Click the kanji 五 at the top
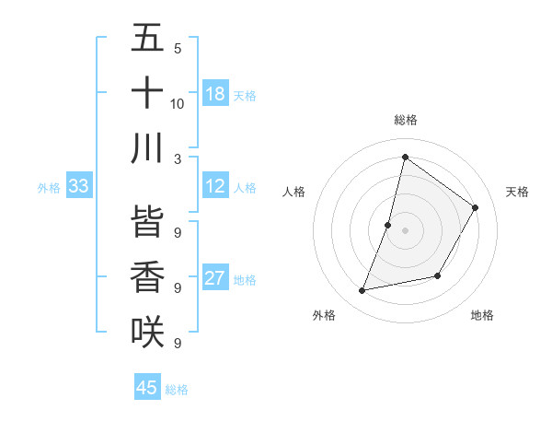click(x=147, y=39)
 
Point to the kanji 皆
click(x=147, y=221)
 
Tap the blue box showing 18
click(x=215, y=94)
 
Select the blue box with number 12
click(x=215, y=187)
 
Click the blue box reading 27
click(x=215, y=279)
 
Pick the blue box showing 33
click(x=78, y=187)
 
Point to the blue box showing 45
click(x=147, y=388)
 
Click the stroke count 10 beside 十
click(x=178, y=103)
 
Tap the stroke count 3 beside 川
click(x=178, y=158)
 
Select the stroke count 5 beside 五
click(x=178, y=49)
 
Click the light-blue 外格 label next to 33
click(x=49, y=188)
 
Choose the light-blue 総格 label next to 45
click(x=177, y=390)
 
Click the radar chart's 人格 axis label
click(x=294, y=192)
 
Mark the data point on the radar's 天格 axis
click(x=476, y=207)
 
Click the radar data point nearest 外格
click(x=362, y=291)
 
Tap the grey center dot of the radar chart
click(x=405, y=230)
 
